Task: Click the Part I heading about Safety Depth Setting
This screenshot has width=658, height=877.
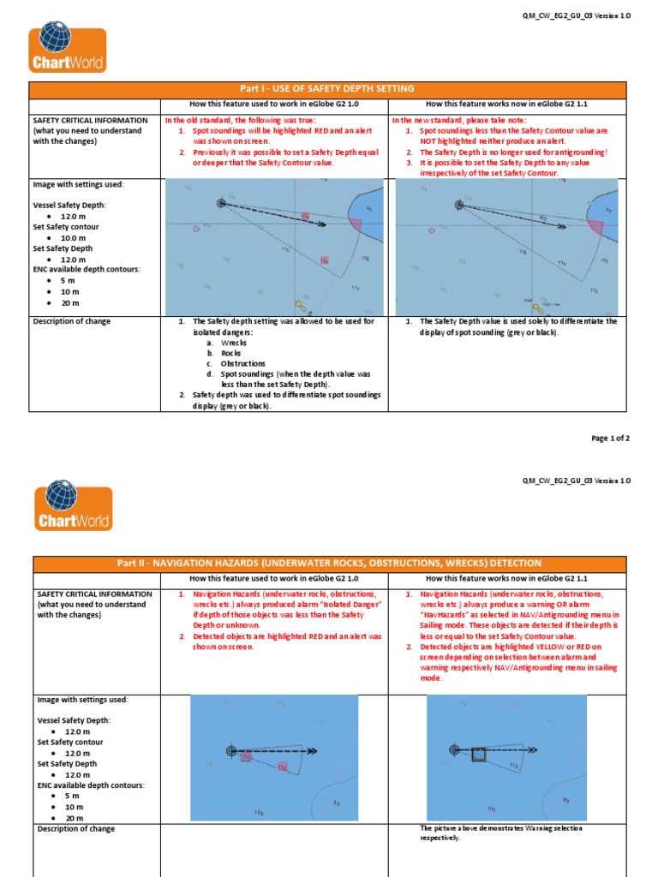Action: click(x=329, y=89)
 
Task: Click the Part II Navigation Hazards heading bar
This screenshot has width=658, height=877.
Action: click(x=329, y=563)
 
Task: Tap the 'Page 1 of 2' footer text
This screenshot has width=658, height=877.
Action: click(x=611, y=438)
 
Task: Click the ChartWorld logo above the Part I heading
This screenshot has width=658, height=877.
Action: click(x=68, y=50)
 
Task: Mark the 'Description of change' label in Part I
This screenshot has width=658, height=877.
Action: click(x=72, y=321)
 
